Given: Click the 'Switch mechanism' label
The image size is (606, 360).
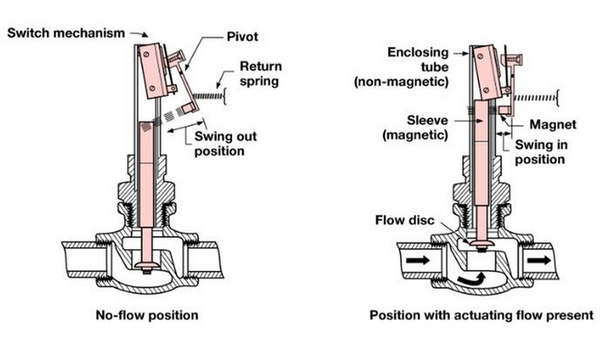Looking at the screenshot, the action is click(66, 33).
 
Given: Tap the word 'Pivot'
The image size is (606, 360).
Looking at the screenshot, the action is click(242, 36).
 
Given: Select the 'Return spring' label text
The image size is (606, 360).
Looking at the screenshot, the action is click(261, 74).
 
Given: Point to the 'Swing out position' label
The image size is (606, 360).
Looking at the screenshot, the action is click(225, 143).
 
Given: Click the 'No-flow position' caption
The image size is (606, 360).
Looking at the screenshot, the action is click(147, 315).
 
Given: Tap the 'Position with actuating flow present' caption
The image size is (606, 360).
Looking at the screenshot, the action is click(482, 315).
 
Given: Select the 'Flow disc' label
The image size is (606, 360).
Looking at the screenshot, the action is click(405, 221).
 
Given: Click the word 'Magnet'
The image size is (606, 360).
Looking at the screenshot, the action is click(553, 124).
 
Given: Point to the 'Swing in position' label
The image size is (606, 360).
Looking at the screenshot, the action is click(541, 152).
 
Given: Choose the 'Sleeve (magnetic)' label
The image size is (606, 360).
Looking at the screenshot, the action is click(416, 127).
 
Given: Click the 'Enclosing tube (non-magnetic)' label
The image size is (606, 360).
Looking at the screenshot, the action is click(401, 67).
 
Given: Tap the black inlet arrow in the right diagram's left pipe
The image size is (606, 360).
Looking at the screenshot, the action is click(418, 260).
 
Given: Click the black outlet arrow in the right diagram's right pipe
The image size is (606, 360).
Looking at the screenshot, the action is click(539, 260).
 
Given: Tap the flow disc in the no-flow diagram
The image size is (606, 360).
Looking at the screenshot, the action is click(146, 265).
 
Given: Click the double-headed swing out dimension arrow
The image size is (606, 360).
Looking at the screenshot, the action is click(186, 127).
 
